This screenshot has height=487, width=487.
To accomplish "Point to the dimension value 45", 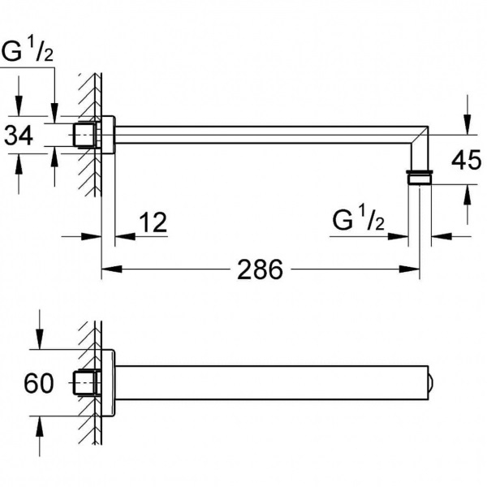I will pos(466,161).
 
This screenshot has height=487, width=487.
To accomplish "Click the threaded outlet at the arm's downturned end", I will pos(420,177).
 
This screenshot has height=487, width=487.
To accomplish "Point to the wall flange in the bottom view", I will pos(106,382).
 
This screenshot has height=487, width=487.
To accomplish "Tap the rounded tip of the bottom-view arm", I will pos(430,382).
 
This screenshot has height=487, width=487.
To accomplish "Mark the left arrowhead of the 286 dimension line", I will pos(105,269).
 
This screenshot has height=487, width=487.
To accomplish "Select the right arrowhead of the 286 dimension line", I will pos(416,269).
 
